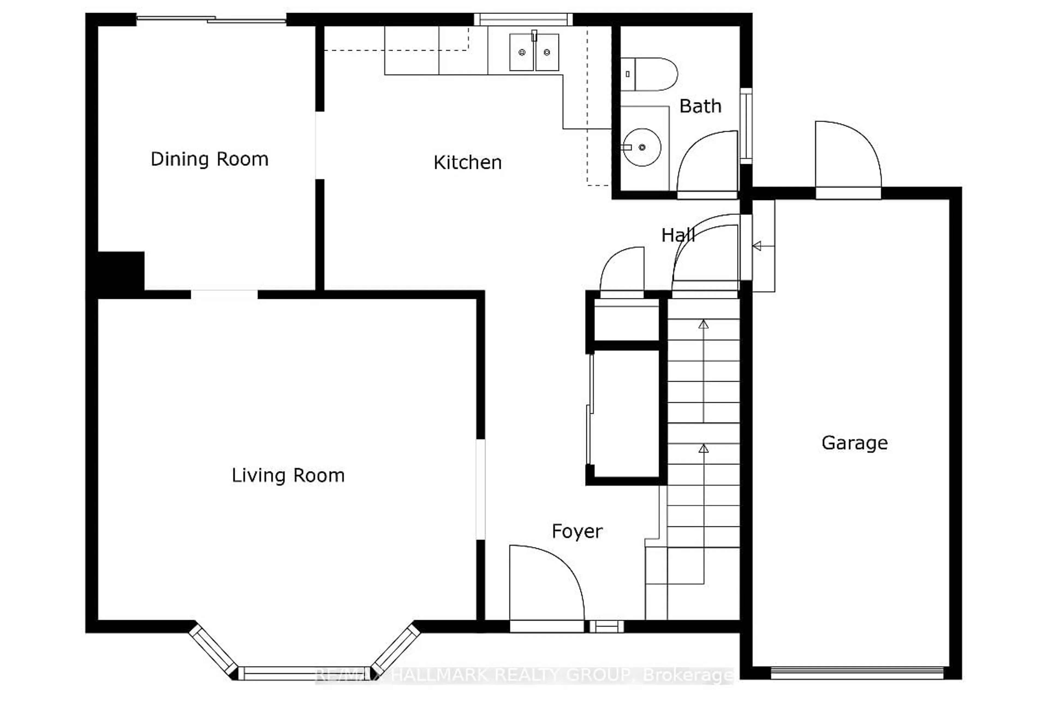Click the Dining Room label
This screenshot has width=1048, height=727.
(x=210, y=159)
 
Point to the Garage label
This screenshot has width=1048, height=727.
(x=855, y=443)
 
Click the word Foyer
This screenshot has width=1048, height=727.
(x=577, y=531)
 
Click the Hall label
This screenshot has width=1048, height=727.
(x=678, y=235)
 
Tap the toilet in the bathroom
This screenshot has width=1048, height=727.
(x=651, y=74)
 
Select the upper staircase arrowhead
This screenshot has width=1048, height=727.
(x=704, y=324)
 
